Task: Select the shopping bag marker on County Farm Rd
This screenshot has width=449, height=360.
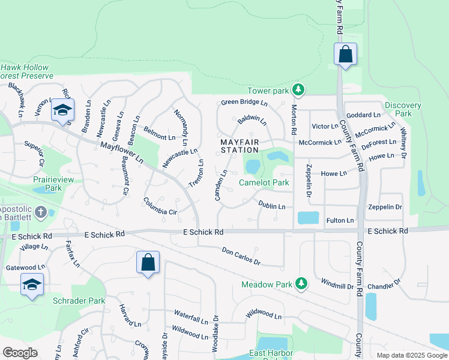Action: pos(345,55)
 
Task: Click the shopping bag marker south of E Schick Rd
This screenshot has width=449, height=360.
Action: pos(148,263)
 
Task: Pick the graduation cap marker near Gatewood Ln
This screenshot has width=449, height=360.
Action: pos(32,285)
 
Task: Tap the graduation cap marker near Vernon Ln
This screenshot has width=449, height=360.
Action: pos(62,110)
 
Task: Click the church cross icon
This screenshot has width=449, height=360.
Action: pos(40,212)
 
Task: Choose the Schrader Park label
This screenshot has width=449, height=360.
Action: pos(79,301)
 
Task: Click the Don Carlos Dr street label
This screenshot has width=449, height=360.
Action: pos(241,256)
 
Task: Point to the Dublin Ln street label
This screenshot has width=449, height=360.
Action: pos(272,206)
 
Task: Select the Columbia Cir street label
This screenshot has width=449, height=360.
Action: pos(160,206)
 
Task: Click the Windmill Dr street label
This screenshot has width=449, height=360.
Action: pos(337,283)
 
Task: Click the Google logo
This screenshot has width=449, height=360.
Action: pos(20,352)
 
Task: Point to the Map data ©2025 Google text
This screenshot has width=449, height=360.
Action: pos(411,355)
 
